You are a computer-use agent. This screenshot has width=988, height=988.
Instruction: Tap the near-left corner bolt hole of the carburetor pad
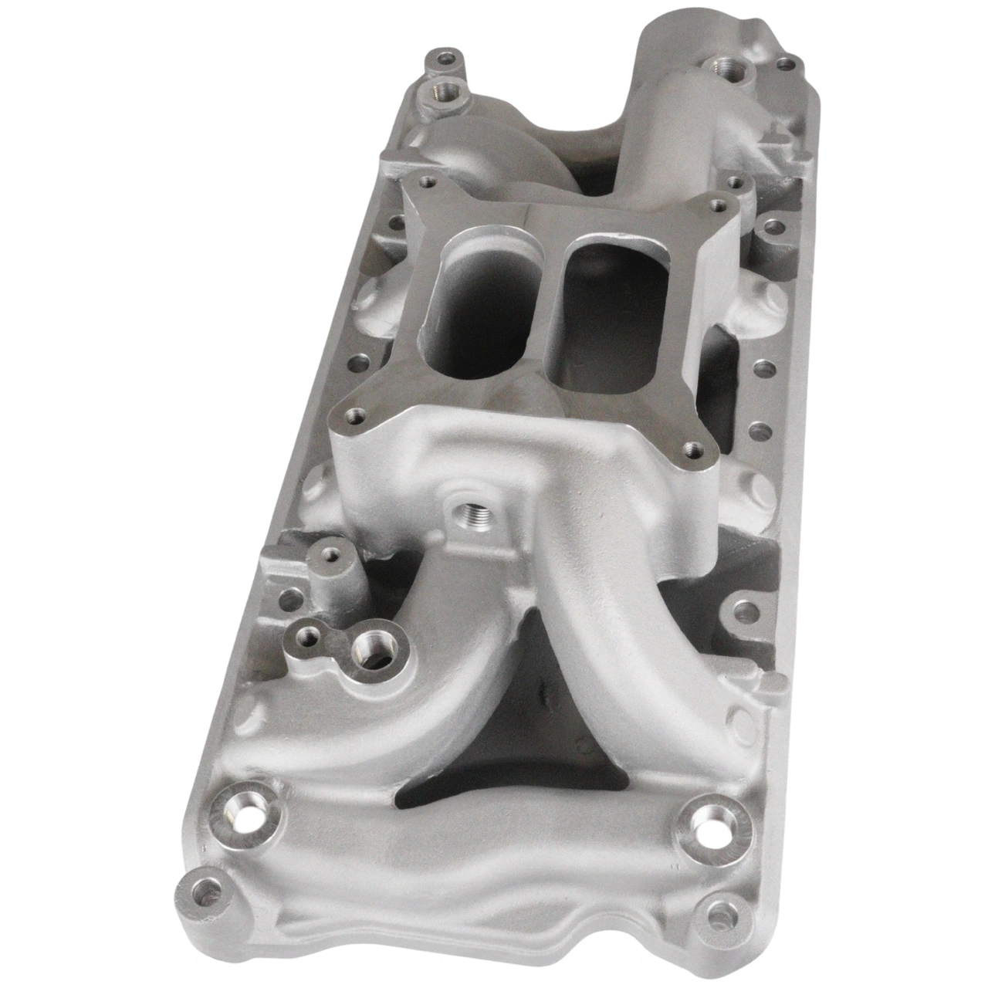(x=355, y=417)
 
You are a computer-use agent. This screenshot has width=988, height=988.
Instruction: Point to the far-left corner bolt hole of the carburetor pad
(x=423, y=183)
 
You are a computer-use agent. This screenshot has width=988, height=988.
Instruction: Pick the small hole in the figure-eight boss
(x=310, y=635)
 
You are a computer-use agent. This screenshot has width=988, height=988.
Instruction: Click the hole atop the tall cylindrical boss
(x=331, y=553)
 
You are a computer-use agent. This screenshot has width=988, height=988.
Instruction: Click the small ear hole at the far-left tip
(x=445, y=59)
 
